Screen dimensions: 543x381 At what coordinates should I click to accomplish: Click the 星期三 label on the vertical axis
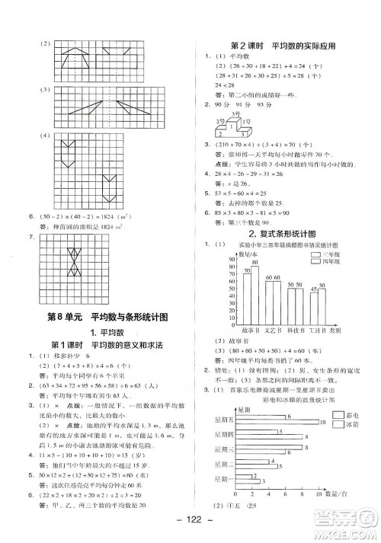coord(223,445)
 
